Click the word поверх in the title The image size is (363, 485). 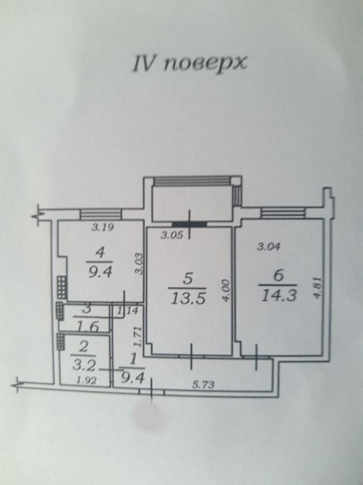pos(205,64)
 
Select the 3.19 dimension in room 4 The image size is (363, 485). pos(103,227)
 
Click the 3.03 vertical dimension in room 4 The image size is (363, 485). pos(140,263)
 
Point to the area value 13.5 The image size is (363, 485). pos(188,299)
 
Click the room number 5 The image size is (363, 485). pos(188,279)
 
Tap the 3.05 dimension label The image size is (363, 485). pos(172,235)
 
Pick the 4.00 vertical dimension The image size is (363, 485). pos(226,291)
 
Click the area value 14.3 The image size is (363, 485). pos(278,295)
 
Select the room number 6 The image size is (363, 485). pos(278,275)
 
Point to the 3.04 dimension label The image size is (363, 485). pos(269,247)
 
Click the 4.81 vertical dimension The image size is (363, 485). pos(319,287)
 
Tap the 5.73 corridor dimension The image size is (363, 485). pos(203,385)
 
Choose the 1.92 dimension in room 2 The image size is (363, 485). pos(86,380)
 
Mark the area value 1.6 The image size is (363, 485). pos(86,327)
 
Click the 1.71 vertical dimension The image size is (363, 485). pos(138,337)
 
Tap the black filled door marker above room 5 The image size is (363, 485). pos(189,224)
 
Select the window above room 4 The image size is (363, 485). pos(101,214)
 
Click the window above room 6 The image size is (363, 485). pos(282,213)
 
